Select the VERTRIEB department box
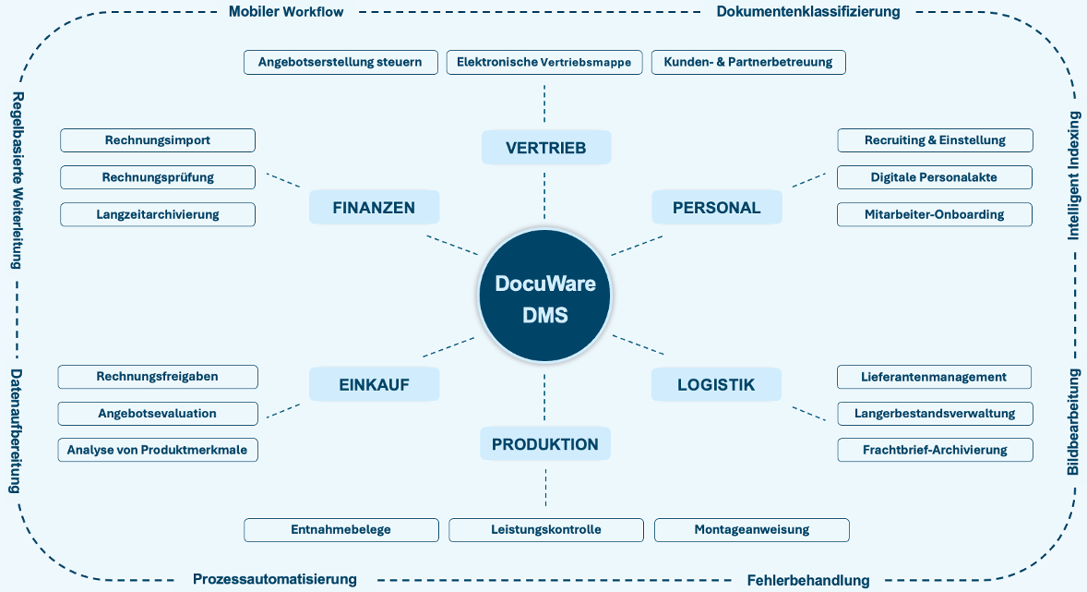(545, 148)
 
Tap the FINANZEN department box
(374, 208)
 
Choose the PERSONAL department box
(716, 208)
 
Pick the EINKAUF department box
(374, 384)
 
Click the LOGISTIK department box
(716, 384)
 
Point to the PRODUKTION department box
(544, 444)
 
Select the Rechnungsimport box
(157, 140)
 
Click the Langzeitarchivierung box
(157, 214)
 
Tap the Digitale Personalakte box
(934, 177)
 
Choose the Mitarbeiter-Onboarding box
(934, 214)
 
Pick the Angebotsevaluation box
(157, 413)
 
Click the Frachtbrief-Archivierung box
(934, 450)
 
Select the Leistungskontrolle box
(545, 530)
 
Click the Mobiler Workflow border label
(285, 12)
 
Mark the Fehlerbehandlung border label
(807, 580)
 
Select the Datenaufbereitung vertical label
(16, 430)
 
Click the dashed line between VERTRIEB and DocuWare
(544, 197)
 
